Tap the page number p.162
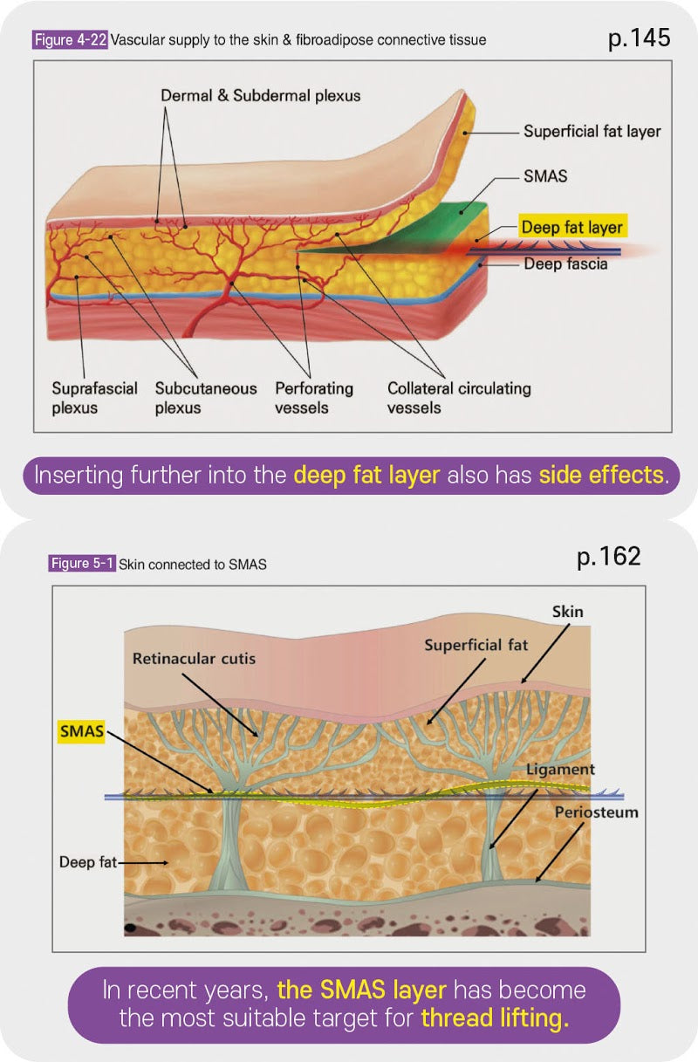pos(608,557)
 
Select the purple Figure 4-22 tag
pos(71,40)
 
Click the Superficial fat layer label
pos(592,132)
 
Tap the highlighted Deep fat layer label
pos(571,228)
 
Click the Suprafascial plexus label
pos(94,398)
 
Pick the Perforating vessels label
pos(314,398)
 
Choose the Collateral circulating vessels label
pos(458,398)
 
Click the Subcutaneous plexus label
pos(206,398)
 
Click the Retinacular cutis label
pos(194,658)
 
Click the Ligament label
pos(561,770)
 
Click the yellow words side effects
pos(596,476)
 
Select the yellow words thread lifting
pos(495,1018)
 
